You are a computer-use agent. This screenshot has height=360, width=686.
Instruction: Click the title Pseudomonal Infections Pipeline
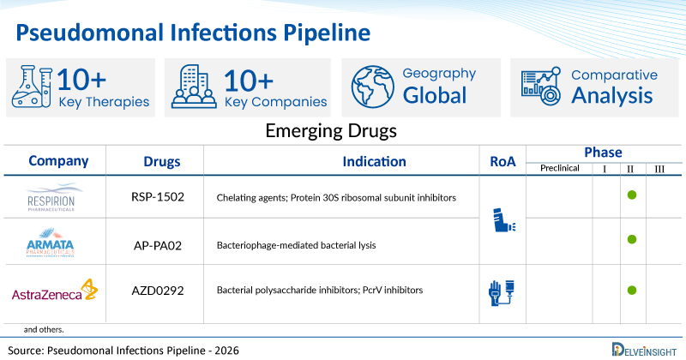(x=193, y=32)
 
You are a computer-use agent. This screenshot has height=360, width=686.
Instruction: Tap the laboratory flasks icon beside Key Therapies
(x=33, y=87)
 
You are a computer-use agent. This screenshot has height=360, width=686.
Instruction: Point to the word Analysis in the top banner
(x=611, y=96)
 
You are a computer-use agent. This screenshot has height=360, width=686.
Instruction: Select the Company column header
(x=58, y=160)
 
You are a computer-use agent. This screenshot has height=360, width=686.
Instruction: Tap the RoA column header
(x=502, y=161)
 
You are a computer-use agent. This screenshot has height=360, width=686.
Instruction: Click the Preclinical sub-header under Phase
(x=559, y=168)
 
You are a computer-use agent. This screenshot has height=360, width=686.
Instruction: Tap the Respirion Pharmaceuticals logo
(x=52, y=198)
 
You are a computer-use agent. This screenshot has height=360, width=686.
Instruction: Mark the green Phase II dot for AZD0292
(x=631, y=290)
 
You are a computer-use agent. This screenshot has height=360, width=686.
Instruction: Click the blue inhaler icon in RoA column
(x=502, y=220)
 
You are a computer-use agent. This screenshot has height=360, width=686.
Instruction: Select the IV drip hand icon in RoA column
(x=502, y=292)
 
